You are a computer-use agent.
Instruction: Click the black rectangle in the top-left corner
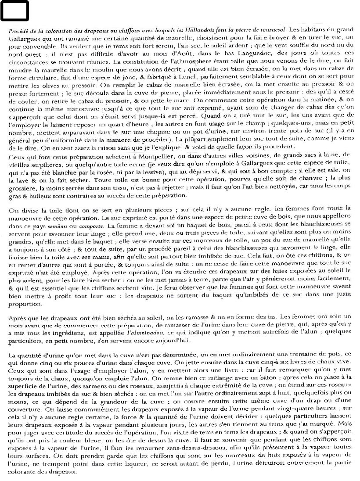[x=14, y=10]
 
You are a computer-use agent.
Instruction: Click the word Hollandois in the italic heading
[x=208, y=30]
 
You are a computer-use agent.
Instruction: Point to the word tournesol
[x=271, y=30]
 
